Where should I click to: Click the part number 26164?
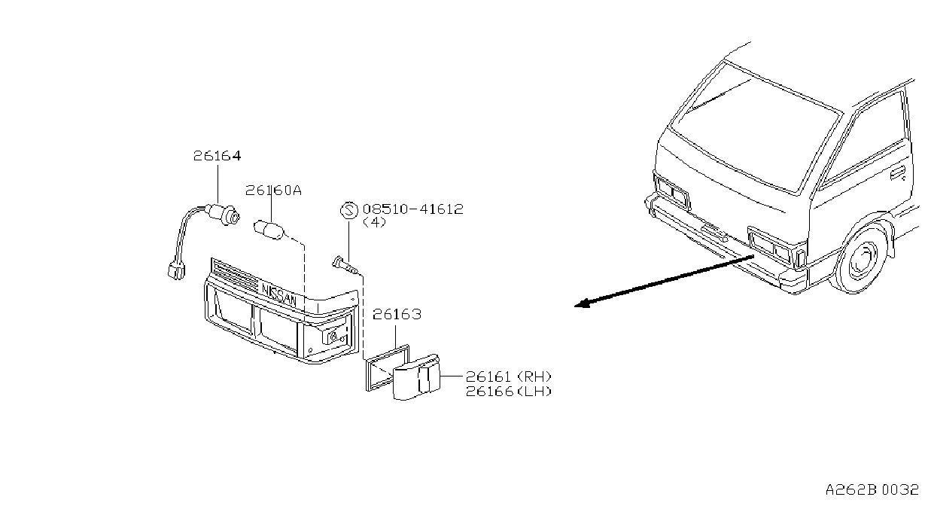pos(217,156)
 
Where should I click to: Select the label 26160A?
pos(273,191)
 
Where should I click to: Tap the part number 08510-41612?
pos(413,209)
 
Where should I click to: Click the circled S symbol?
pos(349,210)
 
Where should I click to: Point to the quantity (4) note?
pos(375,223)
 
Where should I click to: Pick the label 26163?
pos(397,315)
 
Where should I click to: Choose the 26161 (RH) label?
pos(509,376)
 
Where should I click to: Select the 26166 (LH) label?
pos(509,391)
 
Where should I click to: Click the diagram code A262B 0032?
pos(872,490)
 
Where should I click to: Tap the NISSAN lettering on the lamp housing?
pos(279,293)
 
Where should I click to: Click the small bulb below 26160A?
pos(269,230)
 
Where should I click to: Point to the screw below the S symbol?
pos(346,266)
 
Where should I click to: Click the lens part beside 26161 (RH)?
pos(416,376)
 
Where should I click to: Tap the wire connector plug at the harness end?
pos(176,271)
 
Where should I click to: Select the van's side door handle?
pos(898,172)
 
